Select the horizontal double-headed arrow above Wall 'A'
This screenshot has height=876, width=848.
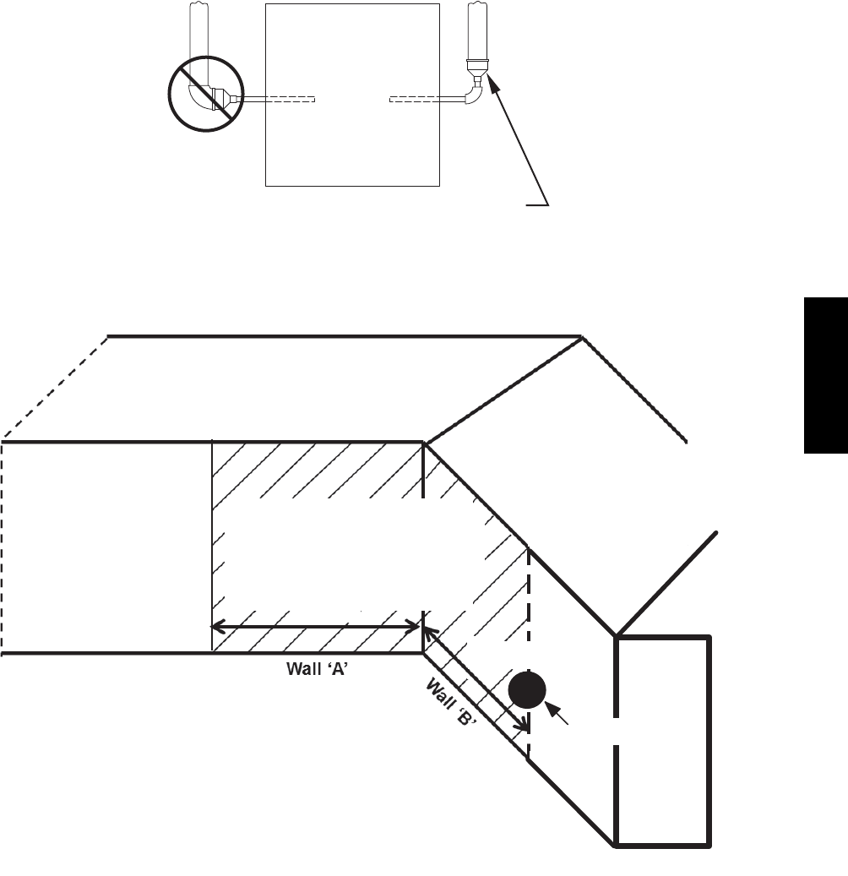pyautogui.click(x=316, y=626)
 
